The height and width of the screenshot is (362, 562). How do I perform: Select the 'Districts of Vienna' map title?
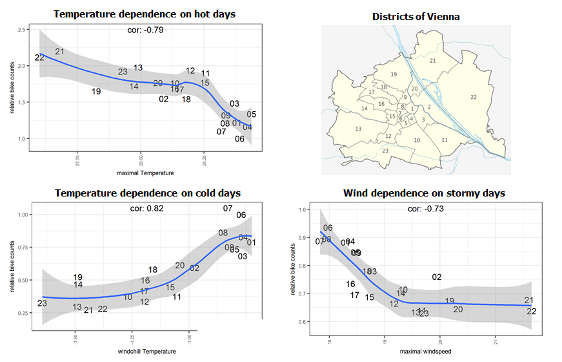point(416,16)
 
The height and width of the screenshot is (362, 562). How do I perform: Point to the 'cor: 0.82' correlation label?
point(145,209)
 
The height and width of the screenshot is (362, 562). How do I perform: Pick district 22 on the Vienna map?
point(474,97)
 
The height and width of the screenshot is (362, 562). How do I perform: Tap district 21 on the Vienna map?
point(433,61)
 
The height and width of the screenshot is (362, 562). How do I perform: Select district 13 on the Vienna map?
point(358,129)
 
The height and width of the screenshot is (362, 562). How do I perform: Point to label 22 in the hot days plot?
point(39,58)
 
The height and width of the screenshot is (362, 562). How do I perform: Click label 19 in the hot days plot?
point(96,92)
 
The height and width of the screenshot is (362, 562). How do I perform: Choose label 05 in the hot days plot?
point(252,114)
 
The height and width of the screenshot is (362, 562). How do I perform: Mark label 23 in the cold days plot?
point(42,303)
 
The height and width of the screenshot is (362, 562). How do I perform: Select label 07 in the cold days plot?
point(228,208)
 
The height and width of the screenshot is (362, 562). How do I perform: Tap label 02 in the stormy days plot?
point(437,277)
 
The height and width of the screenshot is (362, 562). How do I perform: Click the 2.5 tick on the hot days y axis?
point(22,30)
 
